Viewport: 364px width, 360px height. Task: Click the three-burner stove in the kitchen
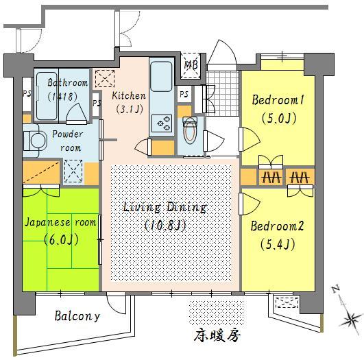pyautogui.click(x=165, y=122)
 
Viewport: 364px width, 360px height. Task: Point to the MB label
pyautogui.click(x=191, y=66)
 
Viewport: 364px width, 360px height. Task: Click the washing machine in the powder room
pyautogui.click(x=32, y=140)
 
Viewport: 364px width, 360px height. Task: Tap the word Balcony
pyautogui.click(x=77, y=316)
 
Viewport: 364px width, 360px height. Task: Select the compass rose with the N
pyautogui.click(x=348, y=314)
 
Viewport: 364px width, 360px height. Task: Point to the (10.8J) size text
pyautogui.click(x=165, y=224)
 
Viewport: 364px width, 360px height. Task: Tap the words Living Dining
pyautogui.click(x=165, y=207)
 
